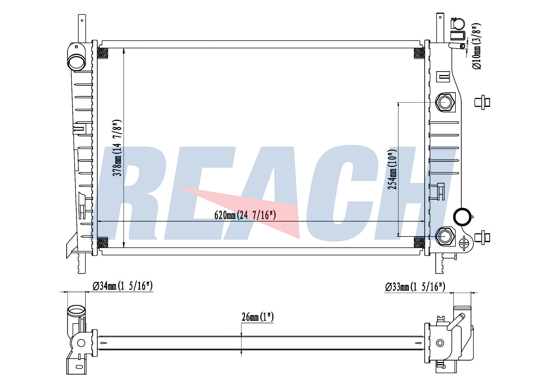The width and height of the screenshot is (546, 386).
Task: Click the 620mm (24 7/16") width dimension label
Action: [245, 215]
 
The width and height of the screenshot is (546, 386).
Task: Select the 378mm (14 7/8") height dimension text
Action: [117, 148]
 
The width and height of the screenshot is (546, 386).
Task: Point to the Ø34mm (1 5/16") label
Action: [123, 286]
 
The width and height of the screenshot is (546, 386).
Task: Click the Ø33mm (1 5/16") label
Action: [415, 287]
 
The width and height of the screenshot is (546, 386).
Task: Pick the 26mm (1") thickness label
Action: [258, 317]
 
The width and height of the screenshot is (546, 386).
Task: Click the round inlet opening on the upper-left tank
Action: [76, 62]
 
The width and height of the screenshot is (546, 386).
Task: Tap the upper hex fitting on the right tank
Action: [445, 102]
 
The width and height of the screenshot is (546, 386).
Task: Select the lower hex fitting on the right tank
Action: [445, 236]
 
